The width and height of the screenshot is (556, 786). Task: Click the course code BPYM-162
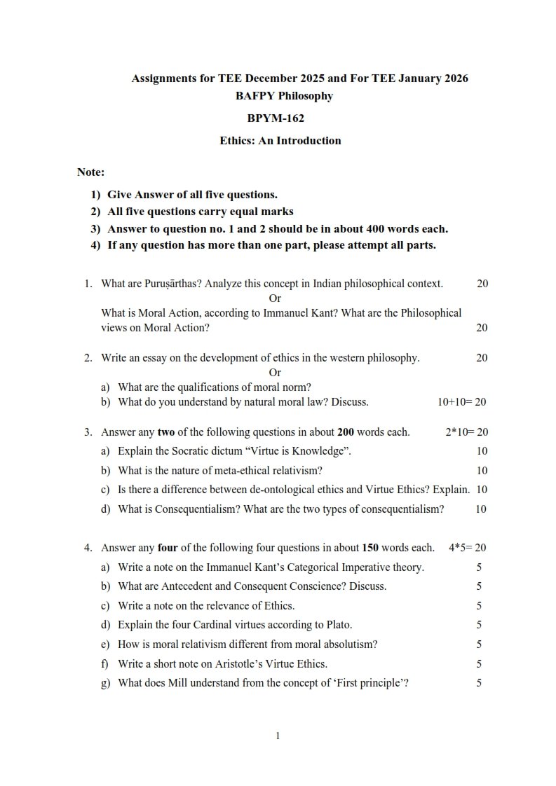276,118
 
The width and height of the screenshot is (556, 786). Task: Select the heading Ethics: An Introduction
280,140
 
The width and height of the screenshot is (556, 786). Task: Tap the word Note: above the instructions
90,172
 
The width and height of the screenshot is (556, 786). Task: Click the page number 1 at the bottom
278,736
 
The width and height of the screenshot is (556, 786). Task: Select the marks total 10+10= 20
461,402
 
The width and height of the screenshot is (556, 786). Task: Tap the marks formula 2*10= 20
466,432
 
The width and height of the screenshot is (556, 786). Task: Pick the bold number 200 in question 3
346,432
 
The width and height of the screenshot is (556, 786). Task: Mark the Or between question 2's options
275,373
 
